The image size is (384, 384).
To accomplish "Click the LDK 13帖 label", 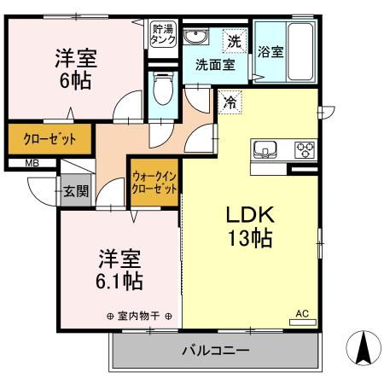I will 249,226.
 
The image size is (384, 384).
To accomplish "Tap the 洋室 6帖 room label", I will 76,70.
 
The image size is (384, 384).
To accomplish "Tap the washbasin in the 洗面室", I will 198,37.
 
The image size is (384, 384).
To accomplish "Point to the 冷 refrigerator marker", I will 231,102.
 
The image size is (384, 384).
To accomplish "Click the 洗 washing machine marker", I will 233,38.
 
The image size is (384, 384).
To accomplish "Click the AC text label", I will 302,312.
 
